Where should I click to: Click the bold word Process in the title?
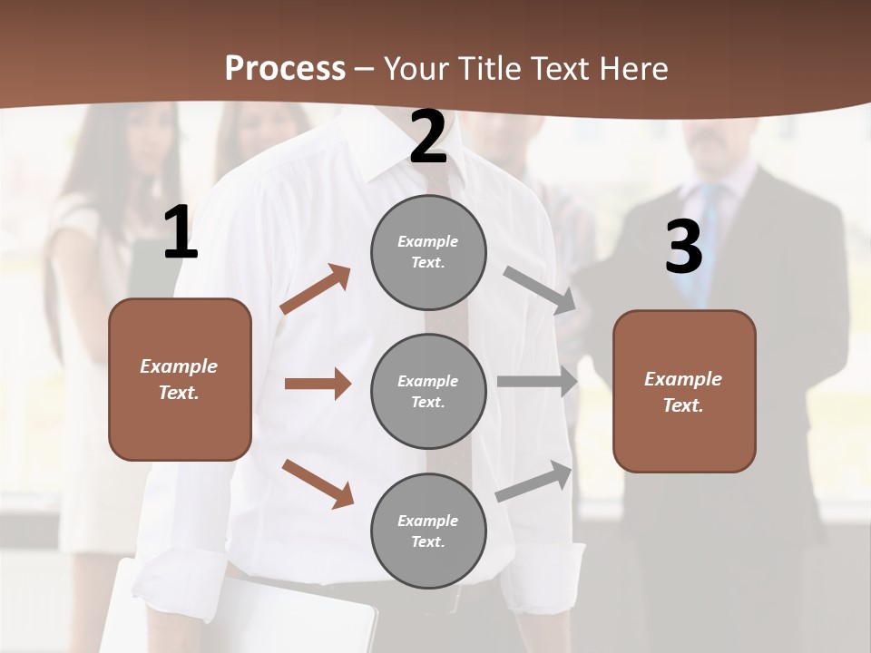pos(285,68)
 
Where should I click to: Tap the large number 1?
pos(181,233)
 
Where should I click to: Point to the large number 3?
pos(683,247)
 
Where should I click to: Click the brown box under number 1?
pos(180,379)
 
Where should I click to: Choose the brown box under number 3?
pos(684,392)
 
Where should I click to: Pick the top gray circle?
pos(428,252)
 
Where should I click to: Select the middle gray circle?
pos(428,392)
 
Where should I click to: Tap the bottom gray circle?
pos(428,531)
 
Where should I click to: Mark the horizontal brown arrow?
pos(318,384)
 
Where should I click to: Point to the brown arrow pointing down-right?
pos(318,483)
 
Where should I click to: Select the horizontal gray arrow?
pos(537,382)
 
